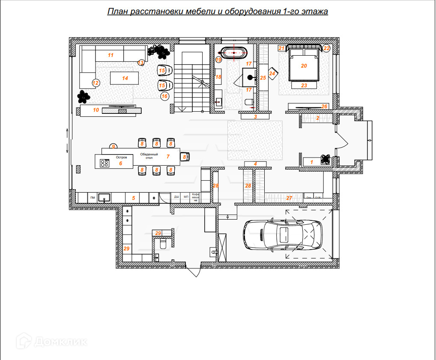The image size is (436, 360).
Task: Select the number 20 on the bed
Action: click(x=304, y=66)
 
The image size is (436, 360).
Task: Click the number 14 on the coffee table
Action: click(x=125, y=78)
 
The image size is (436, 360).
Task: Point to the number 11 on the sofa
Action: click(x=110, y=55)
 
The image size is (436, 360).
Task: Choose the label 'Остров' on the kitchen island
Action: click(x=122, y=157)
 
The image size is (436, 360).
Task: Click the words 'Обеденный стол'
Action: click(x=149, y=156)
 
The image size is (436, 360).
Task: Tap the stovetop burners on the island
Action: click(x=104, y=163)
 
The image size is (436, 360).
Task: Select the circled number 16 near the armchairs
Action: click(x=164, y=96)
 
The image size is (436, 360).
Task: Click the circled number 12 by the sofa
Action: click(x=96, y=83)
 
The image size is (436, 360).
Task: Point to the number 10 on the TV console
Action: click(x=96, y=110)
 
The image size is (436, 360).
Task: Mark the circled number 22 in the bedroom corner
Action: click(x=326, y=48)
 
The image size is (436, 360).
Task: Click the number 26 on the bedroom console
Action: click(x=324, y=106)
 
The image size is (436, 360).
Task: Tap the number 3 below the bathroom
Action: click(x=256, y=116)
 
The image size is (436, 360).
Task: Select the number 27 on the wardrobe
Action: click(x=289, y=198)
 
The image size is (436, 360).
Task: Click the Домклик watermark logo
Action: click(x=51, y=341)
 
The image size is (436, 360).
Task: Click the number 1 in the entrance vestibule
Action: click(x=311, y=161)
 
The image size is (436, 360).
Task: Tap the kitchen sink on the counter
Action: click(x=104, y=198)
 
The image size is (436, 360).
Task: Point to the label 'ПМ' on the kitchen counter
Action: click(x=92, y=198)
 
